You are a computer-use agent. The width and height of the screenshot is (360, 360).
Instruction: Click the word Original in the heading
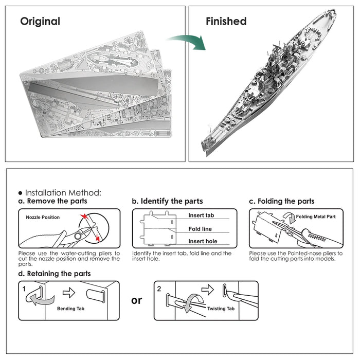[x=40, y=22]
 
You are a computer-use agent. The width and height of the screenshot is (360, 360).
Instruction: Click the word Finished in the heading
[x=226, y=22]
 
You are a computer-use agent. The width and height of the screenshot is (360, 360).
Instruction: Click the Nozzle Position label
[x=43, y=218]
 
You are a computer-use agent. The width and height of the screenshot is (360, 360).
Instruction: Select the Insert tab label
[x=201, y=215]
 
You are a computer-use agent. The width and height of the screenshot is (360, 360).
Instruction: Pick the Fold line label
[x=200, y=229]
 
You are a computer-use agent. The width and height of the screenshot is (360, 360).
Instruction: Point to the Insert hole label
[x=203, y=241]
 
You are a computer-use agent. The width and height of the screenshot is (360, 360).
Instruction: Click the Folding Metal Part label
[x=316, y=217]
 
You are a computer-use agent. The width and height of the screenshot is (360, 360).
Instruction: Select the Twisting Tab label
[x=221, y=309]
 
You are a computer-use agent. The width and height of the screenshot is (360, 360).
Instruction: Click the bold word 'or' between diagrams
[x=136, y=300]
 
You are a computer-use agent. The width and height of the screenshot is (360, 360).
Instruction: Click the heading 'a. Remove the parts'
[x=53, y=201]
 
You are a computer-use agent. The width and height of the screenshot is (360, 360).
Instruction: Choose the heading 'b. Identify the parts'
[x=167, y=201]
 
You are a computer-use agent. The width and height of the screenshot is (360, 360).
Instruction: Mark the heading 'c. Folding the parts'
[x=281, y=201]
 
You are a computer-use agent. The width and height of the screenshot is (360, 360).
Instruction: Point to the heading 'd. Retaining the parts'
[x=55, y=274]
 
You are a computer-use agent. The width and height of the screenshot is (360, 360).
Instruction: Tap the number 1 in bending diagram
[x=24, y=289]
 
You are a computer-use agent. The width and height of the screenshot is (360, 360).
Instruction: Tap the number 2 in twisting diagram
[x=159, y=289]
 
